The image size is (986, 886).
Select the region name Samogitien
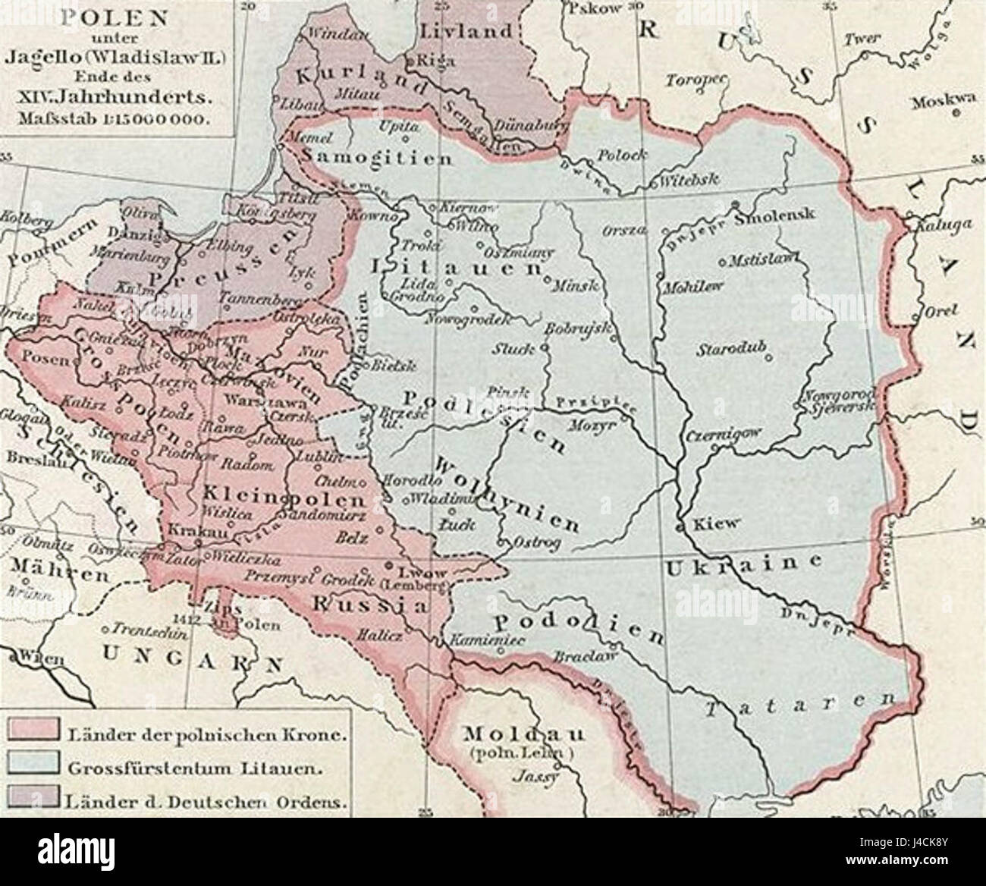pyautogui.click(x=377, y=158)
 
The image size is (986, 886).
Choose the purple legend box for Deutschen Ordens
pyautogui.click(x=33, y=798)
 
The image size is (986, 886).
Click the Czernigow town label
pyautogui.click(x=727, y=437)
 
